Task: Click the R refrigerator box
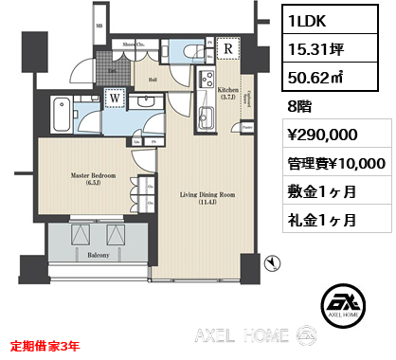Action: pyautogui.click(x=228, y=51)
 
